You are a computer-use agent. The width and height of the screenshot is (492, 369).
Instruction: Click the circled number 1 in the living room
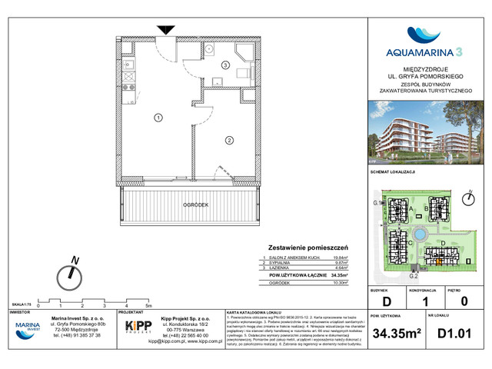(x=158, y=118)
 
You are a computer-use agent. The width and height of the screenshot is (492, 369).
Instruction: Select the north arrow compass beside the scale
(x=73, y=271)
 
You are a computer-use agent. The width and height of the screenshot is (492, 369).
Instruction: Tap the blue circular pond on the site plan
(x=421, y=234)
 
